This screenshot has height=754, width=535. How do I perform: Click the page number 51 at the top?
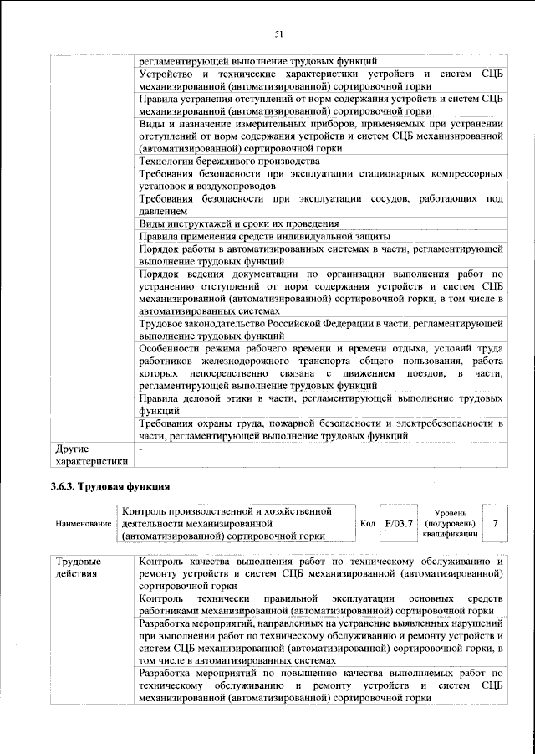pyautogui.click(x=279, y=33)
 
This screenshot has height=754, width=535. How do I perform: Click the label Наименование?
pyautogui.click(x=84, y=523)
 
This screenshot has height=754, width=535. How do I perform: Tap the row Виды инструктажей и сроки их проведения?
pyautogui.click(x=238, y=223)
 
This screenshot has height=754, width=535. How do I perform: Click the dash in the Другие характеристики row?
pyautogui.click(x=141, y=449)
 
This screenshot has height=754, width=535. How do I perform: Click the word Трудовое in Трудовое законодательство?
pyautogui.click(x=162, y=323)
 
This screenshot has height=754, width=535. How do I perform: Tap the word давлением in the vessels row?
pyautogui.click(x=162, y=212)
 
